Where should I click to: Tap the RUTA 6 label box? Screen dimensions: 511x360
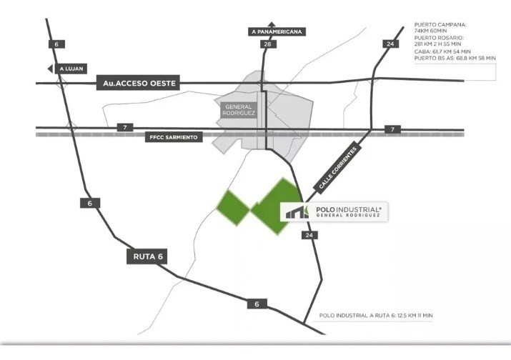point(147,256)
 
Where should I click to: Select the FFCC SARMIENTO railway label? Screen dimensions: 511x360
point(174,137)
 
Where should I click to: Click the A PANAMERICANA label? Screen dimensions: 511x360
point(277,31)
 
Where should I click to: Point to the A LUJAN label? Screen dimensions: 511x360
point(71,69)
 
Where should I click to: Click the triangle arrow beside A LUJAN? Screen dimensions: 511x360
point(50,69)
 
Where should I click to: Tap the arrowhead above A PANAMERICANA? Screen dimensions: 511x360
point(271,24)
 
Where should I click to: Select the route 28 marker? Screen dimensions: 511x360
point(268,44)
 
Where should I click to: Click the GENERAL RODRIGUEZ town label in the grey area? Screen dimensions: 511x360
point(238,110)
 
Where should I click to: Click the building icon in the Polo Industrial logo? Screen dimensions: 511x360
point(297,211)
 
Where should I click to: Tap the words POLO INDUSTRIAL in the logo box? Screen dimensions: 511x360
point(348,209)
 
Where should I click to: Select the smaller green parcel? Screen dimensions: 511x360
point(233,208)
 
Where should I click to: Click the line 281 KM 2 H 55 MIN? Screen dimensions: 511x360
point(437,44)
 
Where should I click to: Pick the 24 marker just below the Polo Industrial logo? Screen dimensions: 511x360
point(309,234)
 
